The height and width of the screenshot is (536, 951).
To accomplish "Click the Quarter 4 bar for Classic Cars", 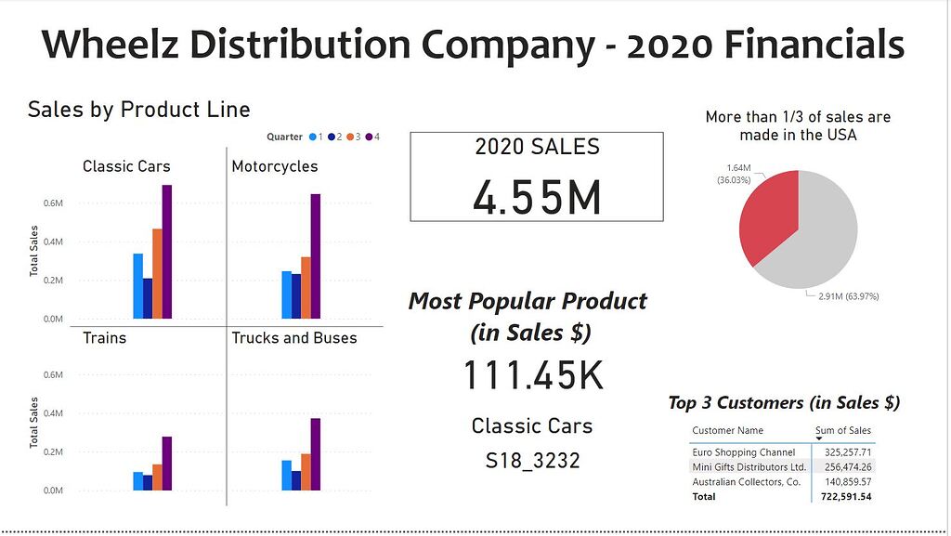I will [x=167, y=252].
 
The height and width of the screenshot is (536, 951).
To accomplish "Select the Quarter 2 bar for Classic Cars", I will [x=148, y=298].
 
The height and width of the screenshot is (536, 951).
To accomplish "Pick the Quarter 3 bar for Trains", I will [x=157, y=477].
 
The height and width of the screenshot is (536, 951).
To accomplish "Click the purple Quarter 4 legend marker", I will [x=368, y=137].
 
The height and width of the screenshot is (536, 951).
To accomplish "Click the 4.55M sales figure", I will [x=537, y=196].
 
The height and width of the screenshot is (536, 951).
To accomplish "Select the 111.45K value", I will [x=533, y=375].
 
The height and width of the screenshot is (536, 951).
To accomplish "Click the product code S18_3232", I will [x=532, y=460].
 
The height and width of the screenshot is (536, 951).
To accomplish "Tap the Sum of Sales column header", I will [x=843, y=430].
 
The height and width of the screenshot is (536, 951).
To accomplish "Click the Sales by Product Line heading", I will [x=139, y=110].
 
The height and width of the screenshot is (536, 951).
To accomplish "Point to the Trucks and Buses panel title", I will [x=294, y=338].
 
